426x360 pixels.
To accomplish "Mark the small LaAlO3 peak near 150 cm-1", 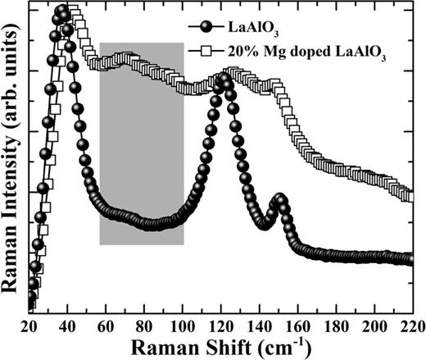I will tap(280, 199).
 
